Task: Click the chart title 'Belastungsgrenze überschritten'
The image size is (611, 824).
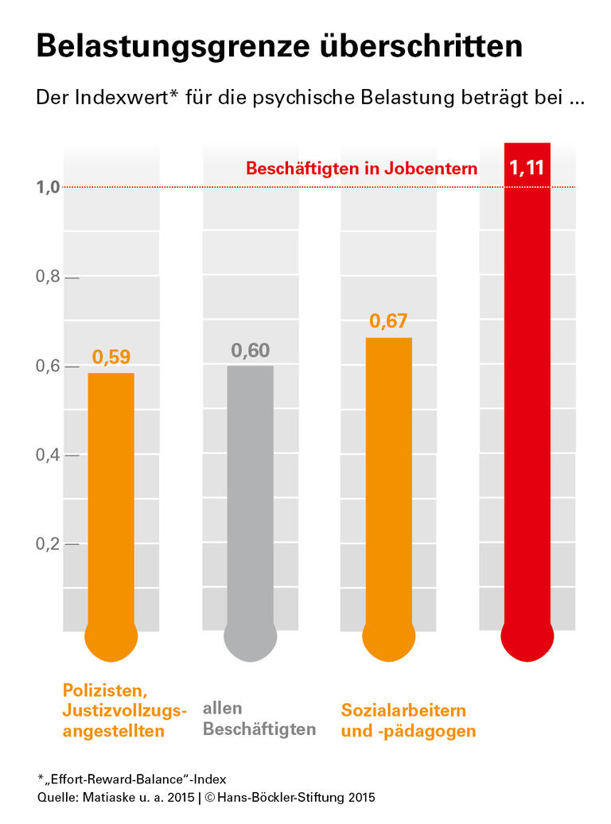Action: click(x=279, y=46)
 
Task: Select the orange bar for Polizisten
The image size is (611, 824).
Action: click(x=111, y=501)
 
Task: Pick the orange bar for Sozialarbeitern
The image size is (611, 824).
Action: click(x=388, y=485)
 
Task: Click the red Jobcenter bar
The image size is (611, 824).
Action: click(x=527, y=398)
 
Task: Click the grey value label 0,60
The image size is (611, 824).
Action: click(x=251, y=351)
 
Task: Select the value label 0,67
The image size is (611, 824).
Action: click(x=388, y=321)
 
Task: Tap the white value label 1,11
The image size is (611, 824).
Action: click(x=527, y=168)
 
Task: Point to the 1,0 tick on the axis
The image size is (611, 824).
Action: click(x=47, y=188)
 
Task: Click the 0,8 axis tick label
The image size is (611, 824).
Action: click(x=47, y=278)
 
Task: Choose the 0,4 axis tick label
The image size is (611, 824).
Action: click(x=47, y=456)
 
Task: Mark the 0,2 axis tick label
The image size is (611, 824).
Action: click(x=47, y=545)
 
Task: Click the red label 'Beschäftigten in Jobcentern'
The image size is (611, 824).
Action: click(x=361, y=169)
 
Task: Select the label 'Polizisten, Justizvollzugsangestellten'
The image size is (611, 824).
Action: click(x=124, y=709)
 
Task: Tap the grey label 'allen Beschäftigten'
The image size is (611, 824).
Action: click(x=259, y=718)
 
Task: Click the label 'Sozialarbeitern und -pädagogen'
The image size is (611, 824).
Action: click(x=408, y=721)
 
